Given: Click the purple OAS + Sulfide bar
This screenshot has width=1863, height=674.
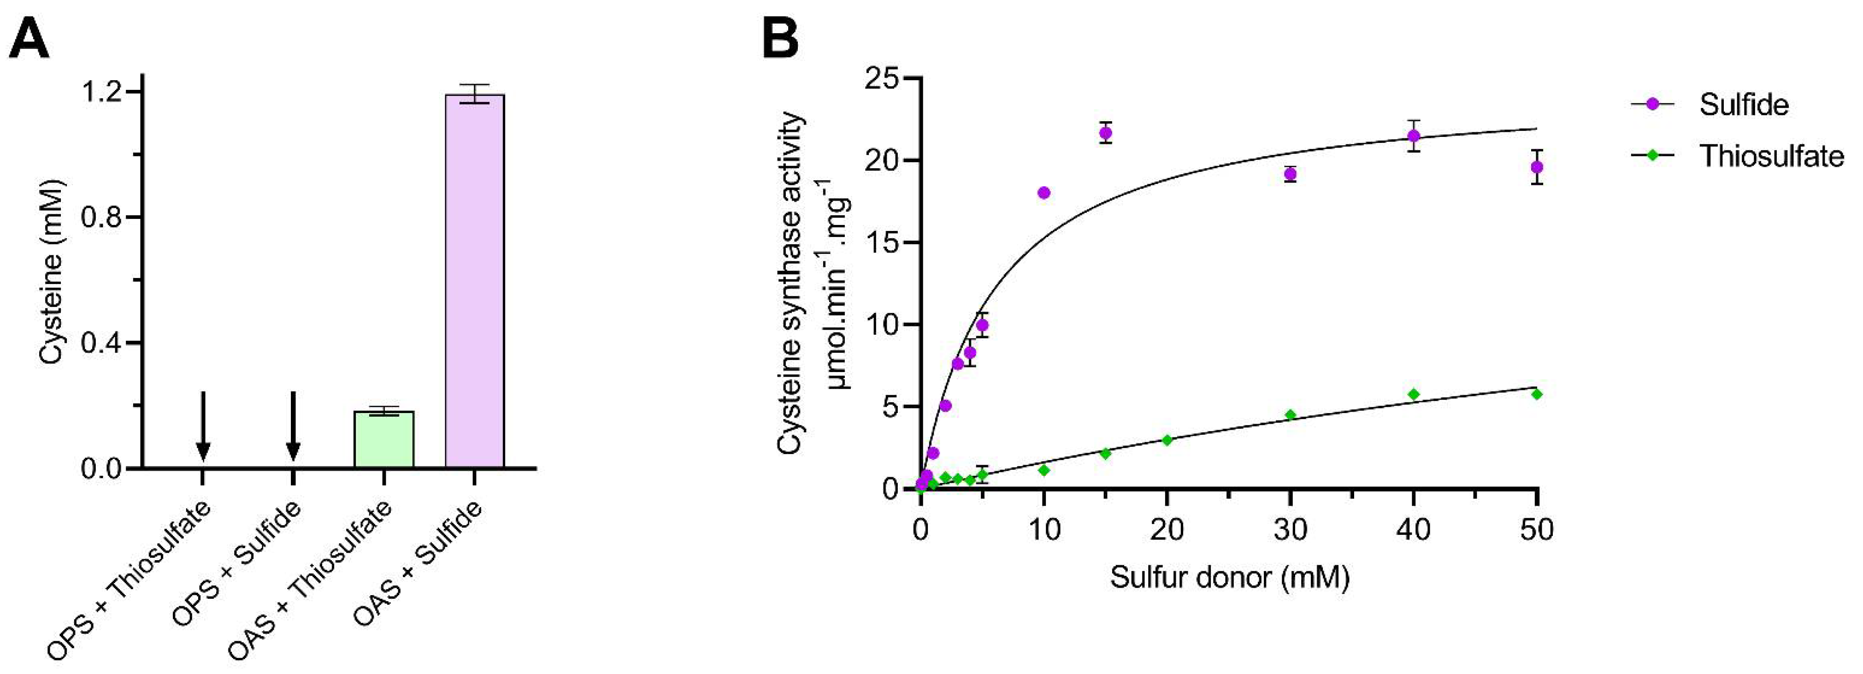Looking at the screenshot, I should pyautogui.click(x=474, y=282).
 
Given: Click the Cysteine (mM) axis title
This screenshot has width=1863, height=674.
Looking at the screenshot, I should pyautogui.click(x=52, y=271).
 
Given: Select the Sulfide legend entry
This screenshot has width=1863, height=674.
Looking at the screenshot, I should pyautogui.click(x=1743, y=105).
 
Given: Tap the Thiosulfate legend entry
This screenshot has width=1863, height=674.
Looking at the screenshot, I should pyautogui.click(x=1770, y=155).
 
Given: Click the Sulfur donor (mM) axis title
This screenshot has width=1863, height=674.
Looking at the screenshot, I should pyautogui.click(x=1229, y=577).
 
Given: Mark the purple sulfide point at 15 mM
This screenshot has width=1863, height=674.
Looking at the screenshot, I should pyautogui.click(x=1105, y=133).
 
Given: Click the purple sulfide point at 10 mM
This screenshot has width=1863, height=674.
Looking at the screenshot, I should pyautogui.click(x=1044, y=192).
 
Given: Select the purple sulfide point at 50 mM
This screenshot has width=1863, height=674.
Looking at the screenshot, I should pyautogui.click(x=1537, y=167).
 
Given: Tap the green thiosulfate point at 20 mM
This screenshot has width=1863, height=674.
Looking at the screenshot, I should pyautogui.click(x=1167, y=440).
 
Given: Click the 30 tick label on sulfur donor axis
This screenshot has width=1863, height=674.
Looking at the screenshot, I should pyautogui.click(x=1290, y=530).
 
